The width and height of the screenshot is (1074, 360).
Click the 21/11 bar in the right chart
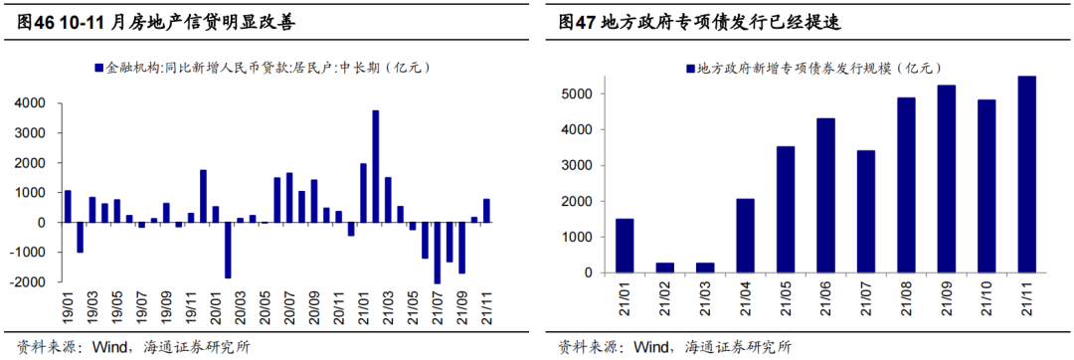(x=1028, y=175)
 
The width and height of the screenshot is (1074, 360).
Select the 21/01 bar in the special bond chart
(x=625, y=246)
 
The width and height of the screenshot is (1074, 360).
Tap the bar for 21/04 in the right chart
(x=746, y=236)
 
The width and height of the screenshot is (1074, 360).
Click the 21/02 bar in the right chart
(x=665, y=268)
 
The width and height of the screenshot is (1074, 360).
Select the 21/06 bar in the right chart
(x=826, y=196)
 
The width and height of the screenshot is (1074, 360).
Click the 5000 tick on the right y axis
(x=580, y=93)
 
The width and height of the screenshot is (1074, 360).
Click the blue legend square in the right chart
(x=689, y=69)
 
